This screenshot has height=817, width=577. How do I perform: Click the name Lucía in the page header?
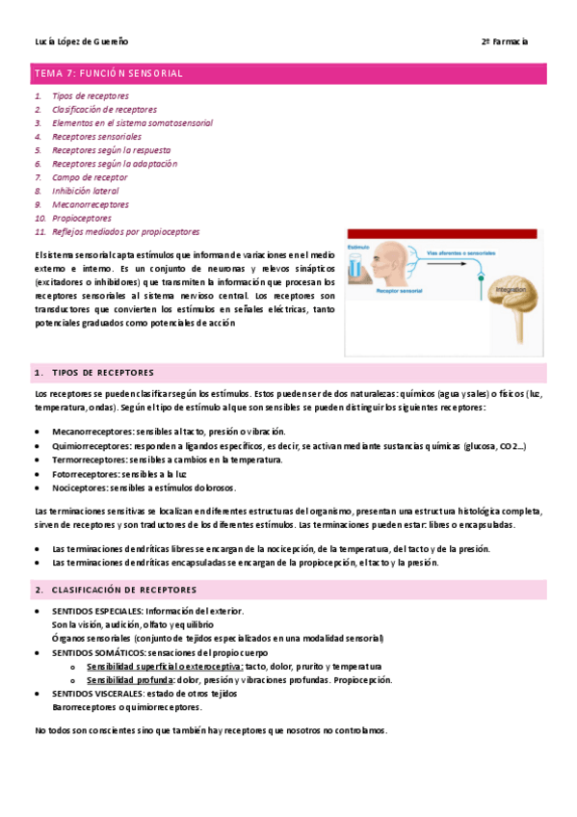(45, 41)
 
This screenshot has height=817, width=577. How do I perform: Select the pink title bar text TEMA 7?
(56, 73)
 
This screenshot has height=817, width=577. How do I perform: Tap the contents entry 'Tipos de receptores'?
(90, 96)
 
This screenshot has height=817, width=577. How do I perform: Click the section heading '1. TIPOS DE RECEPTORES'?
(101, 372)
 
